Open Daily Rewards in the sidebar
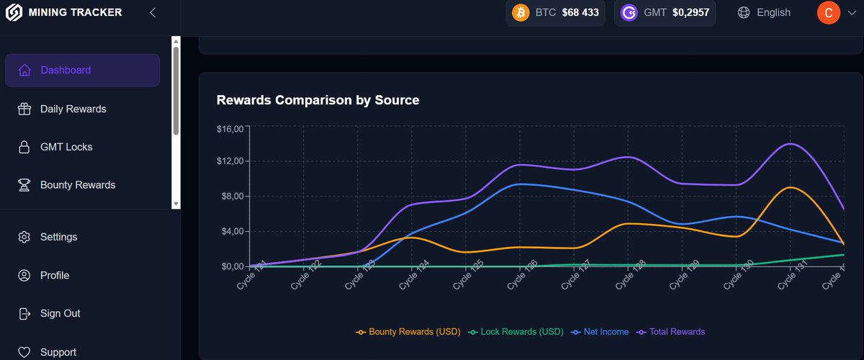coord(73,109)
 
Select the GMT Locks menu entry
coord(66,147)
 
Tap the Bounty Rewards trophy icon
coord(24,185)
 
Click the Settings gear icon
coord(24,237)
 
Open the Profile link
coord(55,275)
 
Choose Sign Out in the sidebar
coord(60,313)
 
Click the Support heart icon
coord(24,352)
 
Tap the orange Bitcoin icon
coord(520,13)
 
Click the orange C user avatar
coord(828,13)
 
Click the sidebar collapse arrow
coord(153,12)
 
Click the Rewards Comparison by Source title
coord(318,100)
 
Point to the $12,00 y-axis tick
coord(231,161)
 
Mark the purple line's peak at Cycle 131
coord(791,143)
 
